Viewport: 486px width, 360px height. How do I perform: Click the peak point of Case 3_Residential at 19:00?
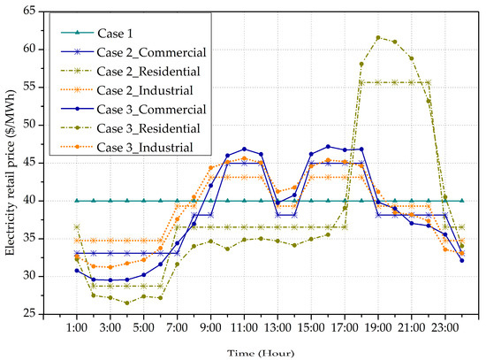click(x=378, y=37)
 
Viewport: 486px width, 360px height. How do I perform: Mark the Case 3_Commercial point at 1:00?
click(x=77, y=270)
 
